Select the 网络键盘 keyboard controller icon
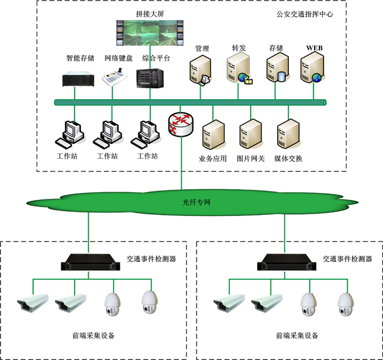tap(116, 79)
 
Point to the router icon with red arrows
tap(180, 124)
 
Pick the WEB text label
tap(314, 47)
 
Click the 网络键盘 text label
tap(116, 58)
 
